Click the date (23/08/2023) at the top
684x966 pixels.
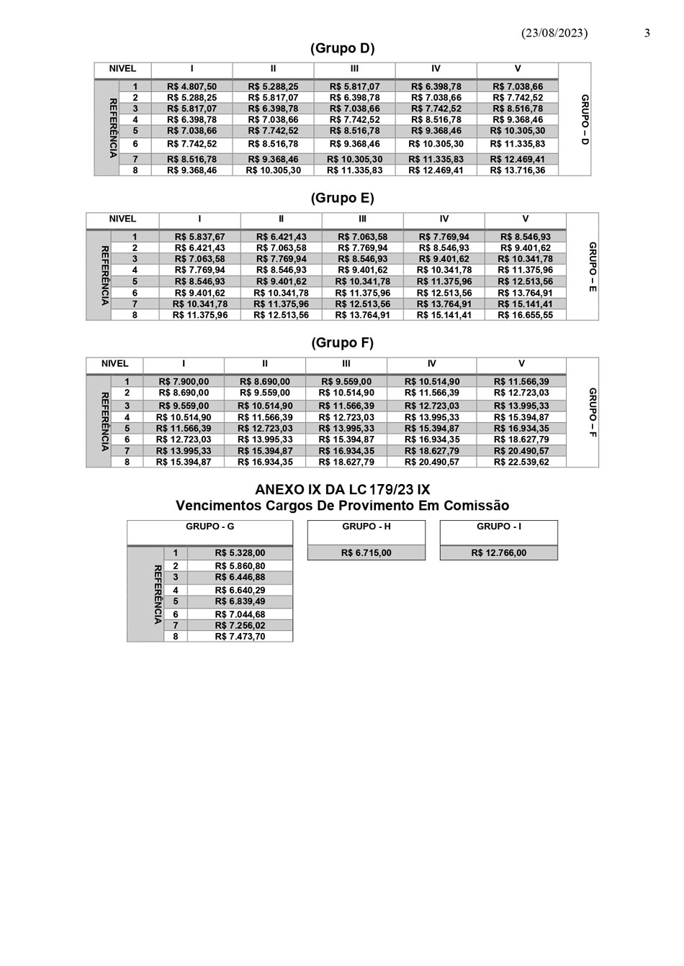[x=554, y=33]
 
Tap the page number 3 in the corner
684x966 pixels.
[x=647, y=33]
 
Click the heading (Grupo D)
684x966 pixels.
[x=342, y=49]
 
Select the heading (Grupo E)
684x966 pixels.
[x=342, y=199]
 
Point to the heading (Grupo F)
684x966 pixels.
[x=342, y=343]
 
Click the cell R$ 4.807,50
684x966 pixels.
[x=192, y=87]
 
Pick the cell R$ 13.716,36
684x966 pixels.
[x=517, y=170]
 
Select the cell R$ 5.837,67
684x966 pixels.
[x=199, y=237]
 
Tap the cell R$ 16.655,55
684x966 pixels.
[x=525, y=315]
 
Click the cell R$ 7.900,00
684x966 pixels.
[x=184, y=382]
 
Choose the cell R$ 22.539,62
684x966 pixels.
[x=521, y=463]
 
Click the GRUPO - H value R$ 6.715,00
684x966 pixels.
[x=366, y=553]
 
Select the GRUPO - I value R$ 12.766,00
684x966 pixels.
[x=498, y=553]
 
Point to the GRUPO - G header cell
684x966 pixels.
[x=210, y=527]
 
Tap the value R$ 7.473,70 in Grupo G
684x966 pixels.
[x=240, y=637]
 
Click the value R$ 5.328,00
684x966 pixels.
[x=240, y=553]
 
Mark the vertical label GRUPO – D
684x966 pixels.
[x=585, y=119]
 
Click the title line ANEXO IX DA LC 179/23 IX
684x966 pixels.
[x=342, y=491]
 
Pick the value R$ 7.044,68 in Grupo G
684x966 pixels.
[x=240, y=614]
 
